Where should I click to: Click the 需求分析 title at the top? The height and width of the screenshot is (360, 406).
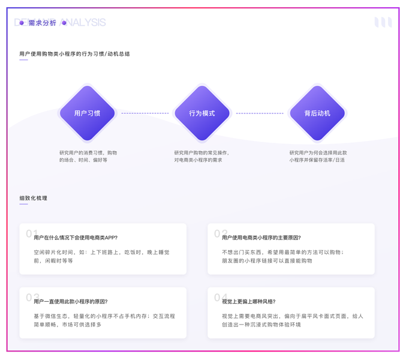click(x=42, y=23)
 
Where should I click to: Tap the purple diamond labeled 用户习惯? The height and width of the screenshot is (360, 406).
click(x=88, y=113)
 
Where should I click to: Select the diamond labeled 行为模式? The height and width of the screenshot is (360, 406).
click(x=202, y=113)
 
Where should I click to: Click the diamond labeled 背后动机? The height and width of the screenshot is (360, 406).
click(x=317, y=113)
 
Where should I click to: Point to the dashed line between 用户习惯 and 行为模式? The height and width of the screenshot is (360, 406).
click(x=145, y=113)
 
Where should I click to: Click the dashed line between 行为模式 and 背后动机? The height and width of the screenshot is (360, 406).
click(x=260, y=113)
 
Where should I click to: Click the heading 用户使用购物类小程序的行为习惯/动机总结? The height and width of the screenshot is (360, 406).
click(x=74, y=54)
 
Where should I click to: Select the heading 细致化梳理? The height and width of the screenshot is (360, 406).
click(x=33, y=198)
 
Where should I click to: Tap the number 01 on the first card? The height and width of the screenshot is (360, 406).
click(x=32, y=233)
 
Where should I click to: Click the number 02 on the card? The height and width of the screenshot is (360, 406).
click(x=220, y=233)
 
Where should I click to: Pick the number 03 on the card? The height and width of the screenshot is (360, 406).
click(x=32, y=297)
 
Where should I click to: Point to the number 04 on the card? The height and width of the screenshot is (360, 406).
click(x=220, y=297)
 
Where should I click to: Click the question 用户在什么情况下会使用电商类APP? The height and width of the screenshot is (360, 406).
click(x=76, y=238)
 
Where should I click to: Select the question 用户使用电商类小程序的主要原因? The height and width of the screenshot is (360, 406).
click(x=261, y=238)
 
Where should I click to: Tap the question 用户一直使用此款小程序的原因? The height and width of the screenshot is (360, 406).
click(x=71, y=301)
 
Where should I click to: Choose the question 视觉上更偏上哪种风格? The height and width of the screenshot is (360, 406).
click(x=249, y=301)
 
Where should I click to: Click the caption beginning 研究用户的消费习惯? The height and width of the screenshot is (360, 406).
click(x=88, y=157)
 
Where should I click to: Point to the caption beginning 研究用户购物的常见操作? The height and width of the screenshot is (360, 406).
click(x=202, y=157)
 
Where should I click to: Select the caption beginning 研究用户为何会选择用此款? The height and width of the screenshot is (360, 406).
click(x=318, y=157)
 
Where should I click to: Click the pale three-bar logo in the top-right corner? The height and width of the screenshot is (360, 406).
click(x=383, y=22)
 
